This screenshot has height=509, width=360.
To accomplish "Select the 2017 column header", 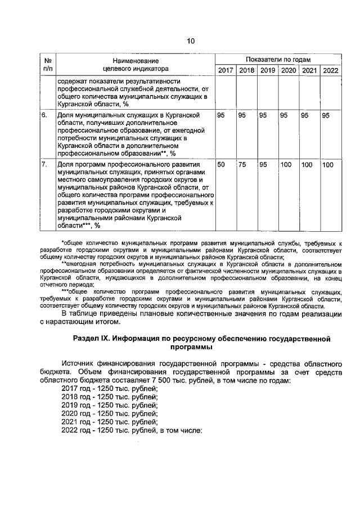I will coord(226,70).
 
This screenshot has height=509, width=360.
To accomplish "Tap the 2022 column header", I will coord(329,70).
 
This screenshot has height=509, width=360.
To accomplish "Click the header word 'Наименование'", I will coord(135,60).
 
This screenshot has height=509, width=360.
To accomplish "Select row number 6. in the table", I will coord(44,115).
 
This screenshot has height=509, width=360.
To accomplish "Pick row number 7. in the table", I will coord(44,164).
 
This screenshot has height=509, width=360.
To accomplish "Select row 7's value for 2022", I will coord(328,164).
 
